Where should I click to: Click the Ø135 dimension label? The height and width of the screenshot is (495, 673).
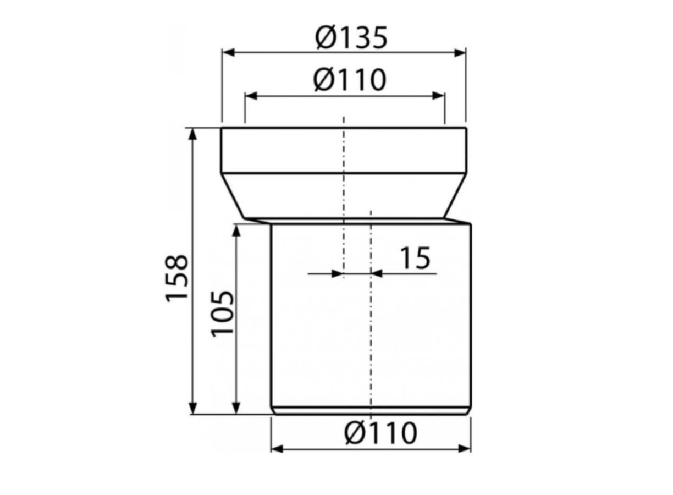[351, 38]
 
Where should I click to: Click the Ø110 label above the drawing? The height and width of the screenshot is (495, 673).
[350, 80]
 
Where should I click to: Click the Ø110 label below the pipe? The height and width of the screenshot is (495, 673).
[380, 433]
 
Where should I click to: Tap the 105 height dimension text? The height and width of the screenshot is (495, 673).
[222, 313]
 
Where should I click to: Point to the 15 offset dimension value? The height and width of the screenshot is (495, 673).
[416, 258]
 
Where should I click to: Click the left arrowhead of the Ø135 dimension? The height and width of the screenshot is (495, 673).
[228, 53]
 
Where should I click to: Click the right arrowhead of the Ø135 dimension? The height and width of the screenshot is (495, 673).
[460, 53]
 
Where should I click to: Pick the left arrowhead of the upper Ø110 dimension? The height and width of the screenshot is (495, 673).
[251, 96]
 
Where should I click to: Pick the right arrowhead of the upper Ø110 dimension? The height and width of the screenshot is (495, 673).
[438, 96]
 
